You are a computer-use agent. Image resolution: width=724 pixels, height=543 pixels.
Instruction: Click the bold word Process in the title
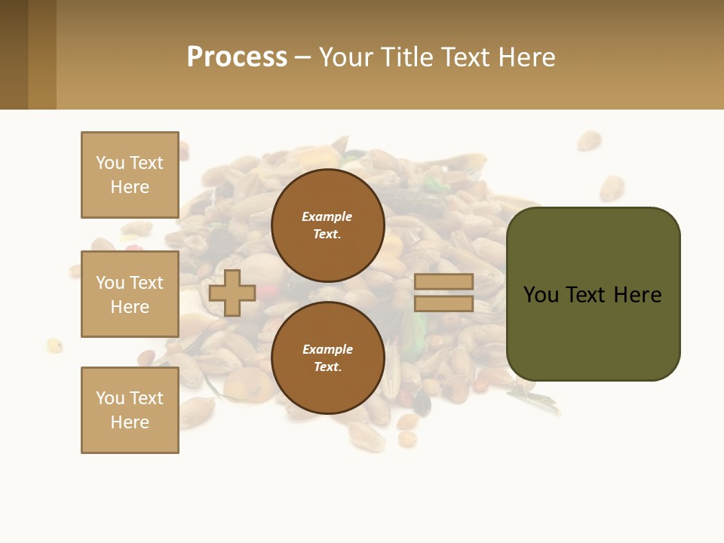pos(237,57)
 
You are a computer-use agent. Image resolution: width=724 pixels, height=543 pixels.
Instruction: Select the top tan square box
pos(130,175)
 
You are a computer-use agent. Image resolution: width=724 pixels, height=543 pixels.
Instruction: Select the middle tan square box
pos(130,294)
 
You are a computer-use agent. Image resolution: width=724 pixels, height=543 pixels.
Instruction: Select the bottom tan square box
pos(130,410)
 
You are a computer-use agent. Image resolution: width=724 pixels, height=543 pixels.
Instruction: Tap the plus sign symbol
pos(232,293)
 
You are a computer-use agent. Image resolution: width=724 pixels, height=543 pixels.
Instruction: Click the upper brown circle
pos(327,225)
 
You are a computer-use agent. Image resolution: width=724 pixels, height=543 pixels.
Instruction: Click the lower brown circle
pos(327,358)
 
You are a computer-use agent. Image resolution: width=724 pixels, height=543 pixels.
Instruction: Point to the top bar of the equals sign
pos(443,282)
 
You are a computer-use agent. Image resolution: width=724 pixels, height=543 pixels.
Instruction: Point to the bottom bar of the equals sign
pos(443,304)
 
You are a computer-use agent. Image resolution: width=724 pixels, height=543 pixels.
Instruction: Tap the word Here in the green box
pos(637,295)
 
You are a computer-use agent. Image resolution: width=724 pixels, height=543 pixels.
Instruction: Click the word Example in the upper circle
pos(327,217)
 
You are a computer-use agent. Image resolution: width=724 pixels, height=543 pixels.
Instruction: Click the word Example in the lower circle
pos(327,350)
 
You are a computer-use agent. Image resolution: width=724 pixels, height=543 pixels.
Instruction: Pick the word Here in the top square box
pos(130,187)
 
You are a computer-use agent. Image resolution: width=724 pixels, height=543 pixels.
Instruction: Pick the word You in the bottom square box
pos(110,398)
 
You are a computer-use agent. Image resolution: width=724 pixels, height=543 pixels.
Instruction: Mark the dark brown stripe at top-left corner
pos(14,54)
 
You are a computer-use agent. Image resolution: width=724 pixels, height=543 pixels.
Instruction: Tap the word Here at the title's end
pos(526,57)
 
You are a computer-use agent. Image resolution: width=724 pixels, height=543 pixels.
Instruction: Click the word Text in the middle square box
pos(146,283)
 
